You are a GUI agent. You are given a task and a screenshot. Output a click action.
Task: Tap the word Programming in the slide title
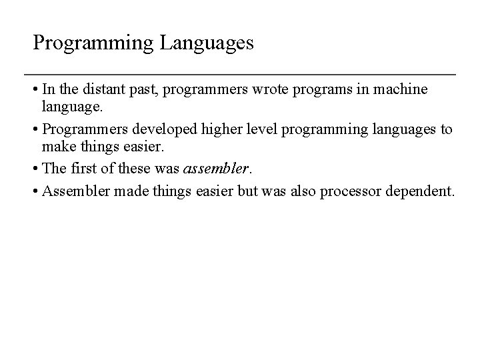coord(93,44)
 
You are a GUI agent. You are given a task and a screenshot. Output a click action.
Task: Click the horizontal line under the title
coord(240,73)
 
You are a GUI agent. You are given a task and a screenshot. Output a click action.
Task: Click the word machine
coord(403,89)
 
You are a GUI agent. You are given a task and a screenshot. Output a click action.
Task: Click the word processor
coord(351,192)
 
